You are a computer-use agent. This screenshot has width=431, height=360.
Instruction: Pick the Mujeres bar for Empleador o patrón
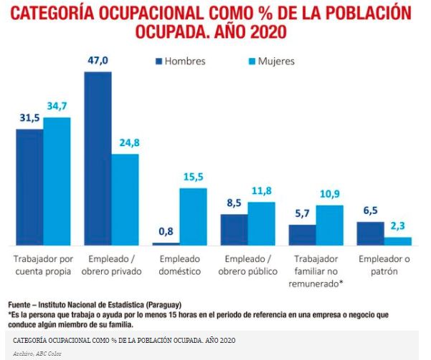point(397,241)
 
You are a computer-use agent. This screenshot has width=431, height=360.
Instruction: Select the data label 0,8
point(166,233)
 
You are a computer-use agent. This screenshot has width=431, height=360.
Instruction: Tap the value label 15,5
point(193,177)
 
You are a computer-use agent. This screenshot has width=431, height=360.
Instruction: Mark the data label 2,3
point(397,227)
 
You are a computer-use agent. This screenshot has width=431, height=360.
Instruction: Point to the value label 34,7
point(57,107)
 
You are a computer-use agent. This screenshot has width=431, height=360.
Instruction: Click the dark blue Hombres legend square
point(156,61)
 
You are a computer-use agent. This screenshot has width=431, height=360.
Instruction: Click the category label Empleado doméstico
point(179,264)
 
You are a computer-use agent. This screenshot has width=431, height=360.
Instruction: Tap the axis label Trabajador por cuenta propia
point(43,264)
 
